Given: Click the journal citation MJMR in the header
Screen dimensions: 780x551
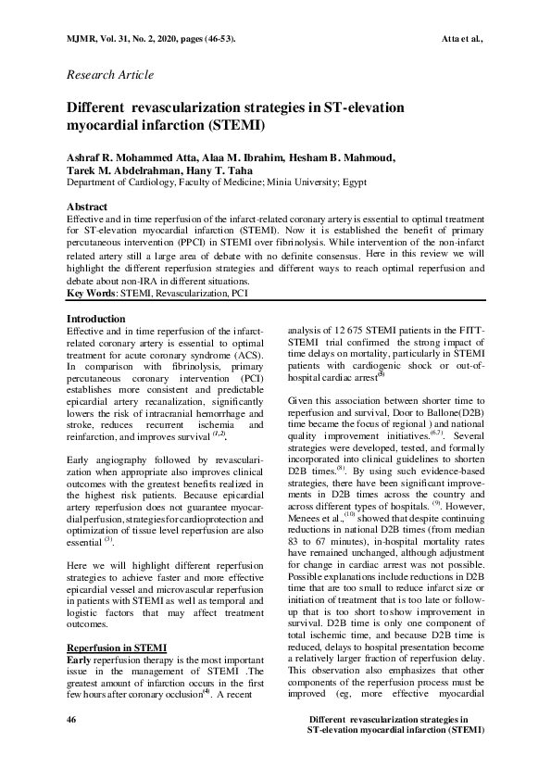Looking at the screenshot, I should click(82, 38).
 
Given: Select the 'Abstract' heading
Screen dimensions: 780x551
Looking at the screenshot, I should click(87, 206).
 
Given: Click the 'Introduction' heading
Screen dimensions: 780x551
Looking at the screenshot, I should click(96, 319).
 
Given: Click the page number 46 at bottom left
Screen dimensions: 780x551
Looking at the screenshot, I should click(72, 720).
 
